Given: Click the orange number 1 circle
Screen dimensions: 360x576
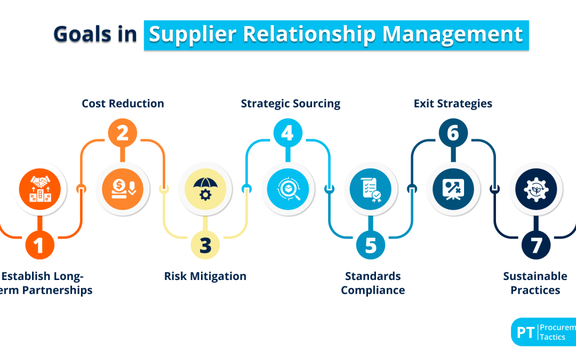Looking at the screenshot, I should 40,245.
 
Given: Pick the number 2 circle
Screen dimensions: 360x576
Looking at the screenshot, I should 123,133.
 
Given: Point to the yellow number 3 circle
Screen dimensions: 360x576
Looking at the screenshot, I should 205,245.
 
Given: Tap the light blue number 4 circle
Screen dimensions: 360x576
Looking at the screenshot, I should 287,133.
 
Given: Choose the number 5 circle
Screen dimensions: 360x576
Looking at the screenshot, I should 371,245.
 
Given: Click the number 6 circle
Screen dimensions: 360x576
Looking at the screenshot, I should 453,133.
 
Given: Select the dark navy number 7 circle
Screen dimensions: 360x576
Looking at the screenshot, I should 536,245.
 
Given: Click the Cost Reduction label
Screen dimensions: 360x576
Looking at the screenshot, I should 123,103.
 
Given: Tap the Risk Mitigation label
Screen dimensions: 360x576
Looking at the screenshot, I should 205,276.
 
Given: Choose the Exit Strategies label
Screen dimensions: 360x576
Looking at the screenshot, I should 453,103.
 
